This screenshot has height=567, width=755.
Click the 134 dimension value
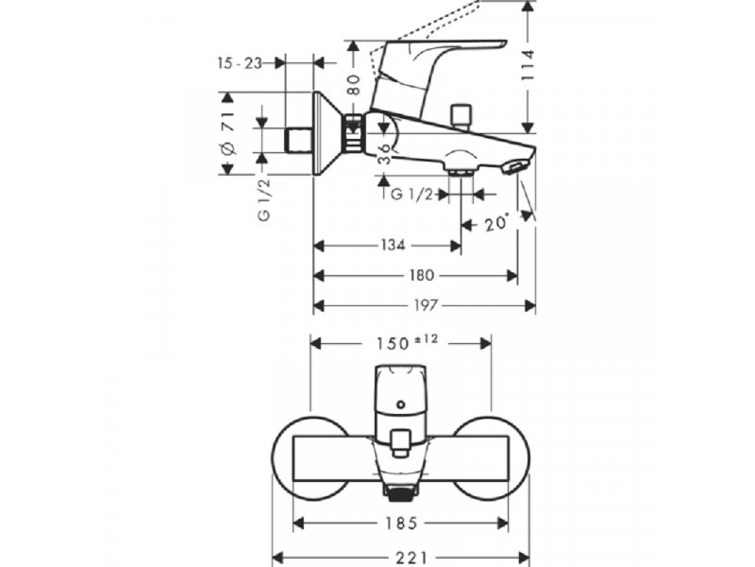tap(393, 246)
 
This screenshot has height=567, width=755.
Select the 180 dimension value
tap(421, 276)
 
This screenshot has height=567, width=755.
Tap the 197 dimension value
tap(426, 305)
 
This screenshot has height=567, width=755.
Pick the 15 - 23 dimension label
tap(240, 63)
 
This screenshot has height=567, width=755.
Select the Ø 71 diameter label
tap(227, 133)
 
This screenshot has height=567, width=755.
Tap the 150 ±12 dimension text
tap(407, 342)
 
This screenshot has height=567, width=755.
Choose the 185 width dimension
tap(400, 524)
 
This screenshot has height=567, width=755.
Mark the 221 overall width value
tap(411, 558)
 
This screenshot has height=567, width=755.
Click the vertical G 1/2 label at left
tap(264, 199)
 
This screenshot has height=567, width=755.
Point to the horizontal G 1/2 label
tap(411, 195)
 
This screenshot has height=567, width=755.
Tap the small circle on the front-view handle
tap(400, 404)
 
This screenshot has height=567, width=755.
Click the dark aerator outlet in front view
tap(400, 493)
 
